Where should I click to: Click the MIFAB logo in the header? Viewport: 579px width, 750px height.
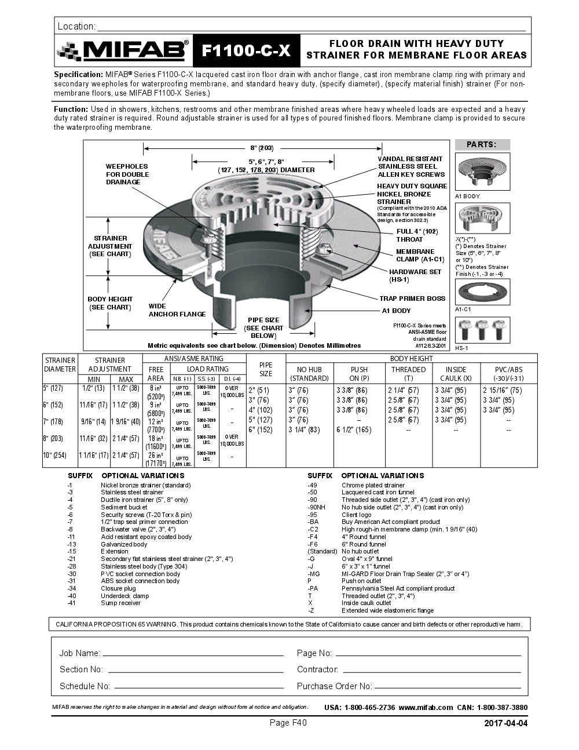coord(123,51)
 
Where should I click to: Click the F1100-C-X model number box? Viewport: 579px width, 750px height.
coord(245,51)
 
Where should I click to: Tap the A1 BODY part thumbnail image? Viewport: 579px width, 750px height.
coord(483,172)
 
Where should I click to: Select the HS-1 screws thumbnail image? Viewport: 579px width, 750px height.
coord(483,331)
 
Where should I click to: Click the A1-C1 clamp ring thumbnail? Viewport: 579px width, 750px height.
coord(483,292)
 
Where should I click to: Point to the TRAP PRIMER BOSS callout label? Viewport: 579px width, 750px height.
coord(412,298)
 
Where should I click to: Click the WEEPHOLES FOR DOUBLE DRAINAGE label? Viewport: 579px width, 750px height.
coord(127,174)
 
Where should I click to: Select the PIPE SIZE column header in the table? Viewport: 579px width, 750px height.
coord(266,369)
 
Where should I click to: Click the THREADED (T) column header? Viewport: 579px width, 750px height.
coord(408,374)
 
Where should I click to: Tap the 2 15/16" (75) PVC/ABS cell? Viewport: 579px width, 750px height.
coord(502,391)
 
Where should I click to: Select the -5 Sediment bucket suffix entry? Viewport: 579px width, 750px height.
coord(116,507)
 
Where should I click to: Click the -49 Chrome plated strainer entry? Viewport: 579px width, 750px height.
coord(365,485)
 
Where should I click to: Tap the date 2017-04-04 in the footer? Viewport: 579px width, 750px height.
coord(505,723)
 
